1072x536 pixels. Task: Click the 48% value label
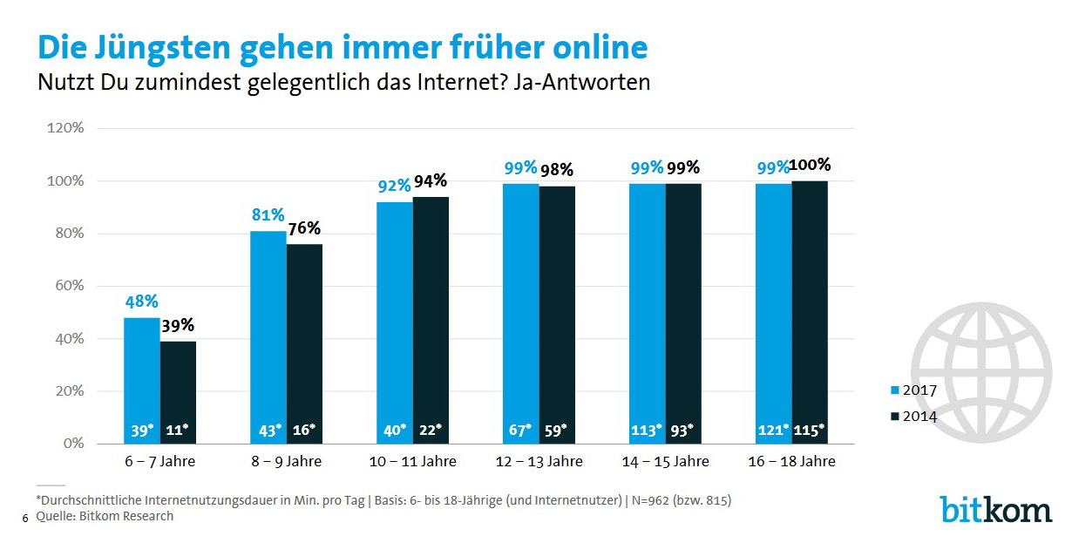click(x=140, y=302)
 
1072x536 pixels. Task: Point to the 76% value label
click(x=304, y=229)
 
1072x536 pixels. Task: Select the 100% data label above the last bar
click(x=811, y=165)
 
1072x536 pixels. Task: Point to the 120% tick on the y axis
click(x=65, y=128)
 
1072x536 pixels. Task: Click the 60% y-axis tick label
click(x=68, y=286)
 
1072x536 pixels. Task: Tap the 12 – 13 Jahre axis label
click(x=539, y=461)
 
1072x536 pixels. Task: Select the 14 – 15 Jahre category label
click(x=665, y=461)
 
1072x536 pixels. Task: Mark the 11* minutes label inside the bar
click(x=178, y=429)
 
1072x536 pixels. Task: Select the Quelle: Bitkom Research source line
click(x=104, y=516)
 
